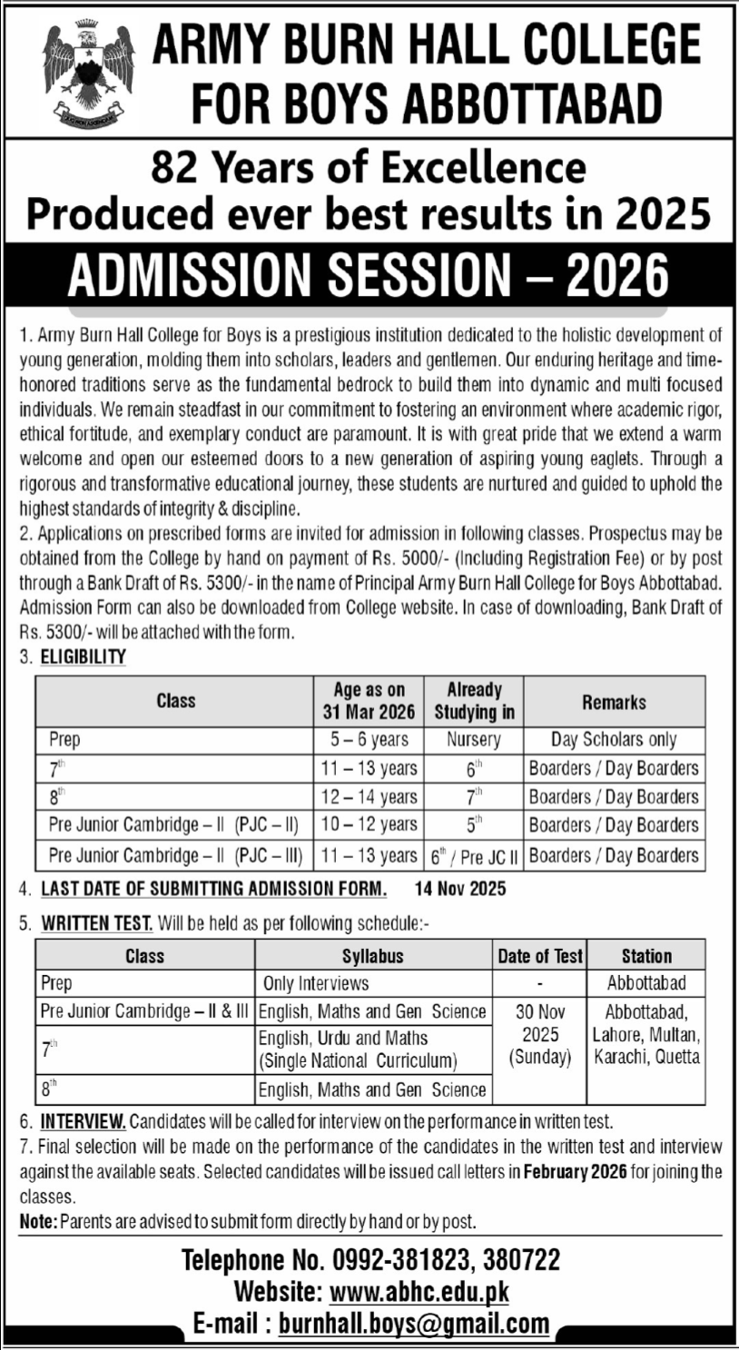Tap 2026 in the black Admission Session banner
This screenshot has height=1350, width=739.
pos(617,274)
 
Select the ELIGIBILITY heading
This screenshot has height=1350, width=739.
pos(84,656)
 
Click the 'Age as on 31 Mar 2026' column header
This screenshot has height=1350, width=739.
pos(369,701)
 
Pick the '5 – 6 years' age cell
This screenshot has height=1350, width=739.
pos(369,740)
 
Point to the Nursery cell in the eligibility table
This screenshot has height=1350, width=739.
pos(473,740)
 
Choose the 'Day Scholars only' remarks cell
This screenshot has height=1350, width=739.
pos(614,740)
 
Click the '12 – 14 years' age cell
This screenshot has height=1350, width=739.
pos(369,797)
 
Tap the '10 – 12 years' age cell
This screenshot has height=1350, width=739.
pos(369,825)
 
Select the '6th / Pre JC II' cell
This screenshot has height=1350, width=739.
pos(473,855)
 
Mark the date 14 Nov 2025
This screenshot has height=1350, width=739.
pos(460,889)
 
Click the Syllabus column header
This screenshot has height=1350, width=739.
pos(373,956)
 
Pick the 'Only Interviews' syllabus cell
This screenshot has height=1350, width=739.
pos(315,983)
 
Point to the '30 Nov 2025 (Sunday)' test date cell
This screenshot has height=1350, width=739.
pos(539,1034)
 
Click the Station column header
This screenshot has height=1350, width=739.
pos(646,956)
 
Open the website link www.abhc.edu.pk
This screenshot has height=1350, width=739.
pos(419,1291)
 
